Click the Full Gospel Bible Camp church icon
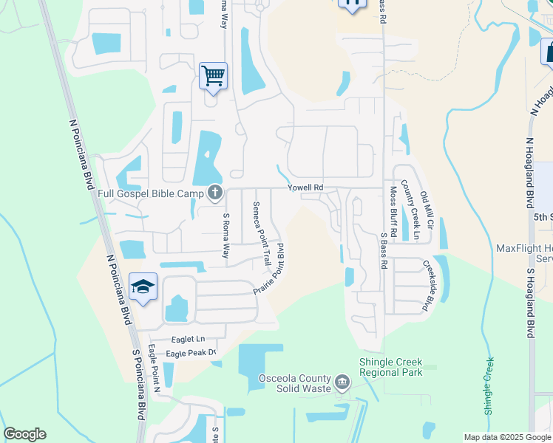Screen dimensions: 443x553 215,193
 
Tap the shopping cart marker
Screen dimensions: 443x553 213,75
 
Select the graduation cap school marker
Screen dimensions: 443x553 143,286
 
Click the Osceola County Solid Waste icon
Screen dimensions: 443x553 342,382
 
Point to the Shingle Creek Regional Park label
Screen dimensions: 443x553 390,367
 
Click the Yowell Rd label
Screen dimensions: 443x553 306,188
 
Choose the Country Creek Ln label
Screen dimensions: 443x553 410,210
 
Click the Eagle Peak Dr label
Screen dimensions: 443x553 190,354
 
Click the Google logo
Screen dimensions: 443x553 24,434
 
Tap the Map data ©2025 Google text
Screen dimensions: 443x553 507,437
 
